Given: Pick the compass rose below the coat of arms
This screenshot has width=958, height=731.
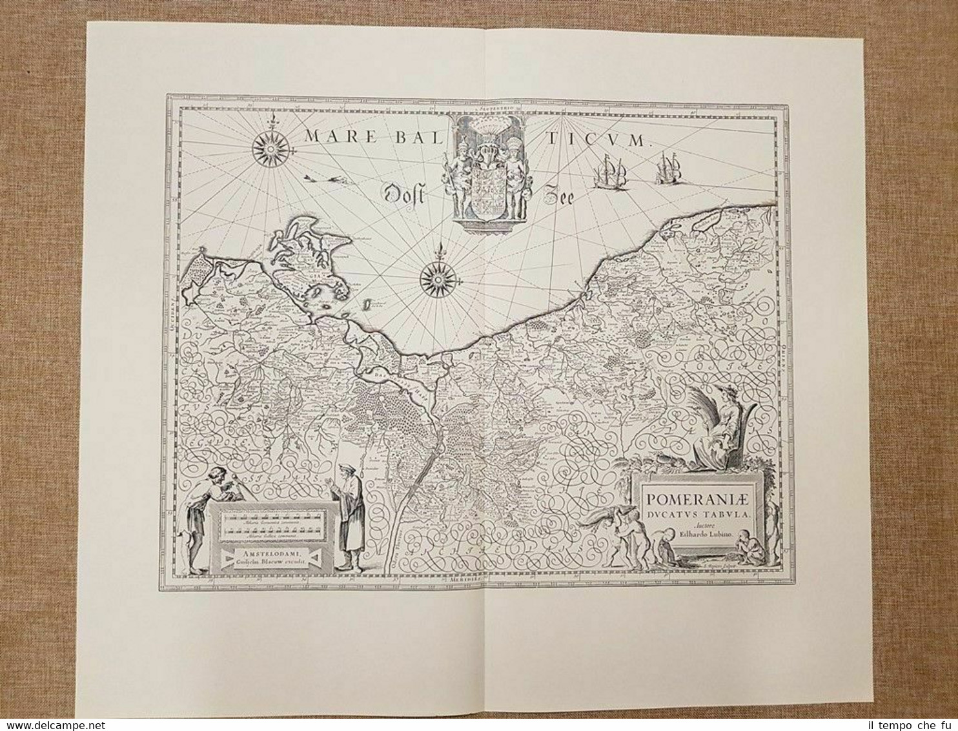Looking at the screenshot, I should (438, 279).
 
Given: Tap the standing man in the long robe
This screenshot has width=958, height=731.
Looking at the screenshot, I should (350, 517).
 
